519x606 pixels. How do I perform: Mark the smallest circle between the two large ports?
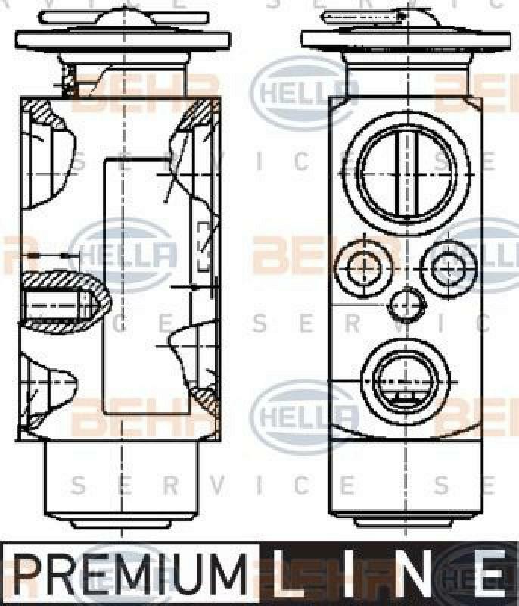click(x=406, y=308)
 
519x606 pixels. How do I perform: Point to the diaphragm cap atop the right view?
click(x=406, y=32)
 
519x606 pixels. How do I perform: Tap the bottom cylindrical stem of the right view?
click(x=406, y=483)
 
